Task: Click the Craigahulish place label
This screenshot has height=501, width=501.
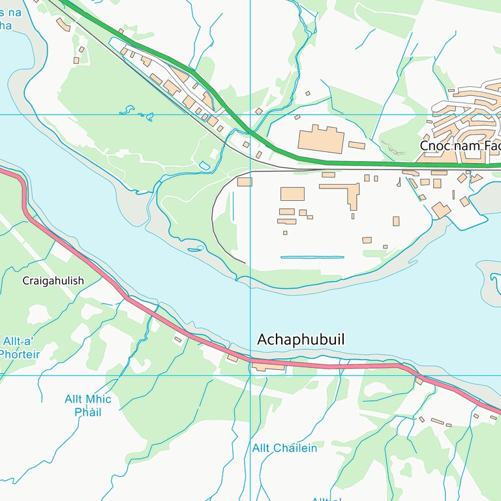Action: pos(53,281)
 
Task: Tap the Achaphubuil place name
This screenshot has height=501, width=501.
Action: pos(301,340)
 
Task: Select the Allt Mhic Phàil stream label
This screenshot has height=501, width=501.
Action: pos(88,405)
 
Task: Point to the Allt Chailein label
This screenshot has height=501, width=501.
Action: pos(284,448)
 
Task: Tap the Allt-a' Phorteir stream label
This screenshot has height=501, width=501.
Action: pos(20,348)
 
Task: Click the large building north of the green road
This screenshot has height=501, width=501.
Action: pos(321,140)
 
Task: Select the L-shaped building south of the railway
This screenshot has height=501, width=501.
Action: pos(342,191)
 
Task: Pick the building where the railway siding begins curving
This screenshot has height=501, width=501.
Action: pos(245,182)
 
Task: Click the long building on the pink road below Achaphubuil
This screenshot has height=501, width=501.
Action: pos(268,367)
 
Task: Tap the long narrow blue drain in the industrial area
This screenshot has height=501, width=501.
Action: pos(312,257)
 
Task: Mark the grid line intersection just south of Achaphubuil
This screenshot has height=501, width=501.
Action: pos(250,375)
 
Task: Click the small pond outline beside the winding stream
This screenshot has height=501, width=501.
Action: pos(204,166)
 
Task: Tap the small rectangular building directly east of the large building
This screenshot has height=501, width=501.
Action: pos(356,145)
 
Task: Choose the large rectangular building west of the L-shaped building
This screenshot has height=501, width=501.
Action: pos(292,194)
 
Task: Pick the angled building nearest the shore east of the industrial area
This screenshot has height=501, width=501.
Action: pos(441,210)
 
